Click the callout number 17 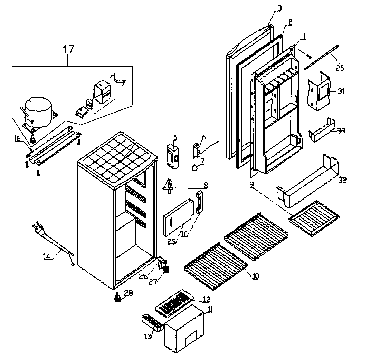68,49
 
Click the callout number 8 206,185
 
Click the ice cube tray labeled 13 152,322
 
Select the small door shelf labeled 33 322,133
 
